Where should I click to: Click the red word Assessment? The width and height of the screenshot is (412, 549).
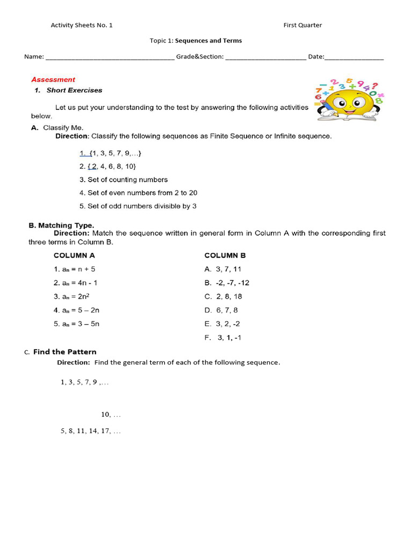(x=53, y=79)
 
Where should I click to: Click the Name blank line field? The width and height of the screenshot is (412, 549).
(x=110, y=57)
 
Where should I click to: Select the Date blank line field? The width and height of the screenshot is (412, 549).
(x=354, y=57)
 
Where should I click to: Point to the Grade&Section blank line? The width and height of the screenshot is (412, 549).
(x=266, y=57)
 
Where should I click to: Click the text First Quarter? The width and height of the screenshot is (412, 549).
(x=303, y=25)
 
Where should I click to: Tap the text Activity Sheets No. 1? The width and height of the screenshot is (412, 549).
(x=82, y=25)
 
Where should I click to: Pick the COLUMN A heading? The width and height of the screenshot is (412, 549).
(x=74, y=256)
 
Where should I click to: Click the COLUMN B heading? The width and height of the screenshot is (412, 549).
(x=225, y=256)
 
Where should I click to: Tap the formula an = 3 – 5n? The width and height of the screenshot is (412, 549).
(x=77, y=324)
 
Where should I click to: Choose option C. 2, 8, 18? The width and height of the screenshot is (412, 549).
(x=223, y=296)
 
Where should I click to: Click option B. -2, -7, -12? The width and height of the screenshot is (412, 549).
(x=227, y=283)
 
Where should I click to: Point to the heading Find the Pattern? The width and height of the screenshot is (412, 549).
(x=64, y=352)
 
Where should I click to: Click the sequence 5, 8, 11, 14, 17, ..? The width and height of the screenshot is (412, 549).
(x=91, y=431)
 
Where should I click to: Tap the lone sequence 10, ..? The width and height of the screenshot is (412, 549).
(x=111, y=414)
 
